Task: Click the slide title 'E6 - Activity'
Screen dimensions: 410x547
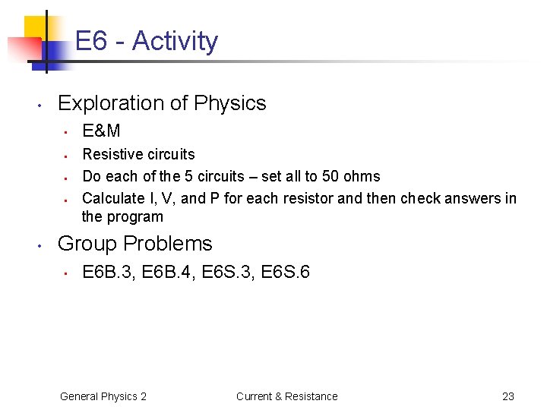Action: coord(147,41)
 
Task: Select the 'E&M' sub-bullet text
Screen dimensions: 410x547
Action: coord(101,131)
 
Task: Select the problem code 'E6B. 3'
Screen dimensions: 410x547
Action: coord(106,272)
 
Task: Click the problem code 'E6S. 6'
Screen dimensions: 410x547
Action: coord(285,272)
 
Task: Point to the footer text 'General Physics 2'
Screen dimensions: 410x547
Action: coord(103,396)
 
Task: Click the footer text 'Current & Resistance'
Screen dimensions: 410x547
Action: coord(286,396)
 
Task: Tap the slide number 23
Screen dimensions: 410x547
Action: coord(508,396)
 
